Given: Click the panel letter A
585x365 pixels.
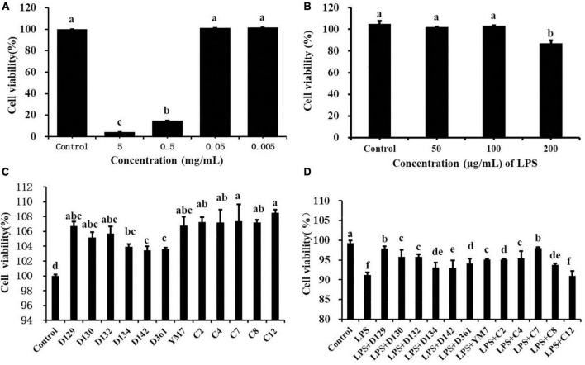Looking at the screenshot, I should click(x=7, y=7).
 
